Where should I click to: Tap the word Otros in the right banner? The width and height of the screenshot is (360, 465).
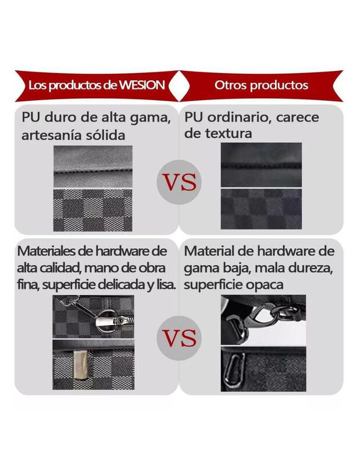pyautogui.click(x=230, y=85)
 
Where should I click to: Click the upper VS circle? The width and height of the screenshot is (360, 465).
pyautogui.click(x=179, y=182)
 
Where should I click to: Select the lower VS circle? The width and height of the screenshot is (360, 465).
pyautogui.click(x=179, y=338)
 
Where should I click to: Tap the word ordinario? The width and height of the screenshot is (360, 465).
pyautogui.click(x=239, y=117)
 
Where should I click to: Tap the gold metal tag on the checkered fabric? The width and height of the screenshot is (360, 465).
pyautogui.click(x=80, y=364)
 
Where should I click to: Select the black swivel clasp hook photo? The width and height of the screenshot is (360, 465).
pyautogui.click(x=263, y=320)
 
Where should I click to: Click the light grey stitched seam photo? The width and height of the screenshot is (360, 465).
pyautogui.click(x=93, y=166)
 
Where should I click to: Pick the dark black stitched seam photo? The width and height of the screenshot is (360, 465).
pyautogui.click(x=261, y=165)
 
